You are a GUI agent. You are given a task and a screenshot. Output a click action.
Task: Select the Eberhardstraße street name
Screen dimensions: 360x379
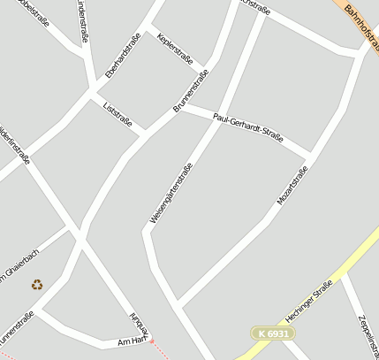click(x=123, y=56)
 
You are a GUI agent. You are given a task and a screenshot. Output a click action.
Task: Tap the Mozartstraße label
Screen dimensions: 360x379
click(x=292, y=186)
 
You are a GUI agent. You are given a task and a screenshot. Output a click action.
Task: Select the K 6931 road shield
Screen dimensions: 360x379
click(x=272, y=333)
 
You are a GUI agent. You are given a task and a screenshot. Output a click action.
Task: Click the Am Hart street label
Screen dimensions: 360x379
click(x=132, y=341)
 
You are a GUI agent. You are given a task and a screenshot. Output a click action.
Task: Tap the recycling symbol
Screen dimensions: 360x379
click(x=37, y=284)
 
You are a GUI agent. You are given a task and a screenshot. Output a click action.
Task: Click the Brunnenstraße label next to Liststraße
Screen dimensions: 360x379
click(x=190, y=91)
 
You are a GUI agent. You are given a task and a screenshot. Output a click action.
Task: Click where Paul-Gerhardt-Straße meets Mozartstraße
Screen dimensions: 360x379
click(x=311, y=153)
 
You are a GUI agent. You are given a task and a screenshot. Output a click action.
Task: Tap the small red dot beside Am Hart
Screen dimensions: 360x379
click(x=151, y=341)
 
